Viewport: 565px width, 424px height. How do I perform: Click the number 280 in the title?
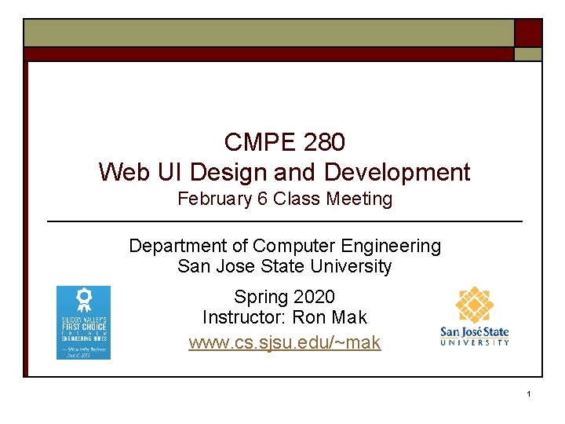[x=322, y=142]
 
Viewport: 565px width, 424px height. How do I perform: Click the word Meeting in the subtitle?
[x=359, y=199]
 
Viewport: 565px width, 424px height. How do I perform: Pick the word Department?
[x=175, y=247]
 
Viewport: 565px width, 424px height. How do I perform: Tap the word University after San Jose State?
[x=351, y=266]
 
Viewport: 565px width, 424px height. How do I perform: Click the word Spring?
[x=257, y=297]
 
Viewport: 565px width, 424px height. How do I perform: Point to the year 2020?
[x=312, y=297]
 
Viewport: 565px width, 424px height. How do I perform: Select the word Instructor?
[x=244, y=317]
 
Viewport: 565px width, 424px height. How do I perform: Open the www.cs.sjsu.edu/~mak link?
[x=284, y=342]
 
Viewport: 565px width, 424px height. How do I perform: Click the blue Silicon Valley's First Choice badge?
[x=83, y=323]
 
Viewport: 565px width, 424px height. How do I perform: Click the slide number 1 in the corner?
[x=530, y=393]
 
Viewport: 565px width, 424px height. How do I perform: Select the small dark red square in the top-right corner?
[x=527, y=33]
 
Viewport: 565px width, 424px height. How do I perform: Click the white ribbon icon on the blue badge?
[x=83, y=299]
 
